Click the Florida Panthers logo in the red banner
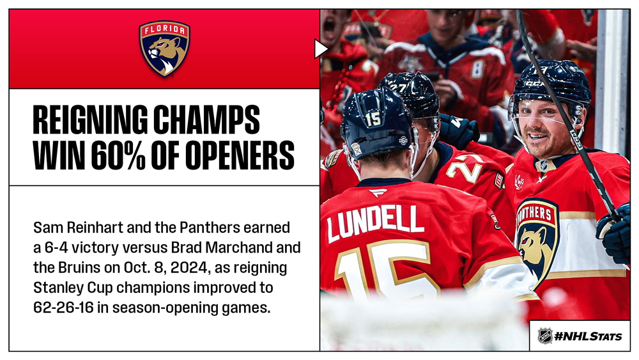(x=165, y=49)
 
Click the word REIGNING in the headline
(x=89, y=120)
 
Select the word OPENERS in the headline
(x=222, y=155)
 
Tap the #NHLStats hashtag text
(x=588, y=336)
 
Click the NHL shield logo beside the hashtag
(x=545, y=336)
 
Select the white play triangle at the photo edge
(x=321, y=49)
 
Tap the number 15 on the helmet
(x=373, y=119)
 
